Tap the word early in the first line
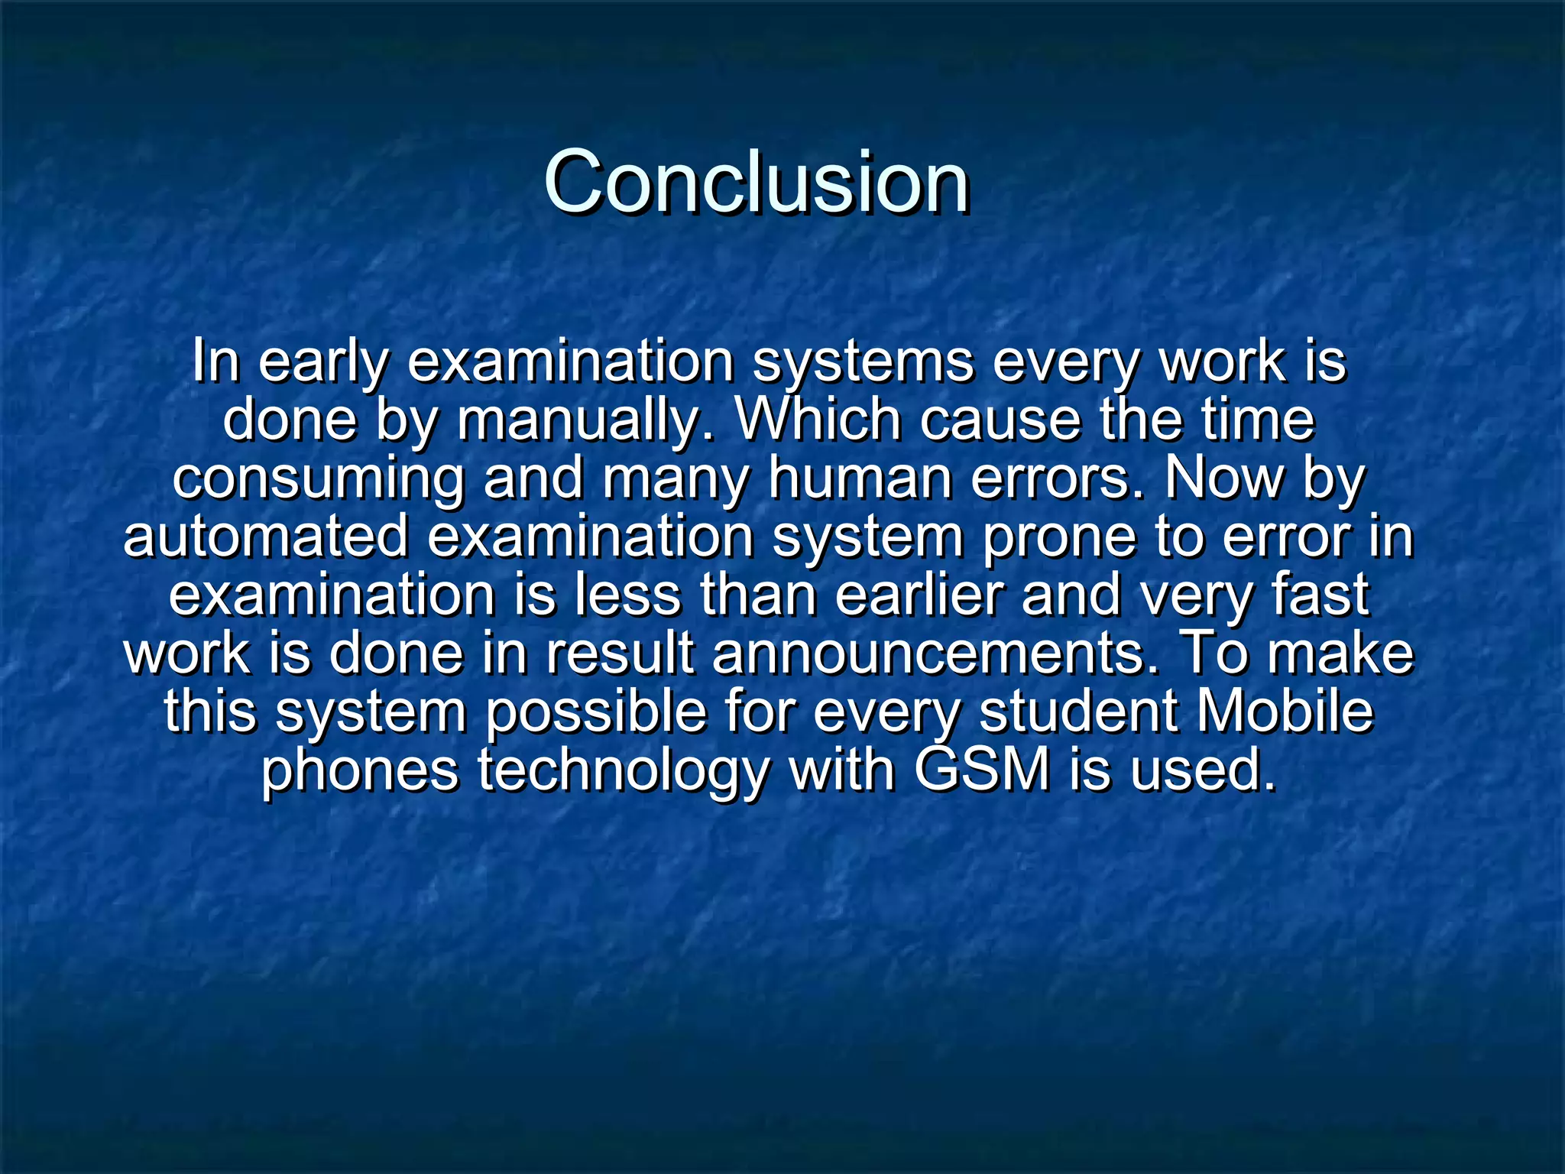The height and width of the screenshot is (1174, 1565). tap(323, 362)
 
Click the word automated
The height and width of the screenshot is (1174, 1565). tap(266, 537)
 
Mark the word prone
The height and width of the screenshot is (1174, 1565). tap(1059, 537)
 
